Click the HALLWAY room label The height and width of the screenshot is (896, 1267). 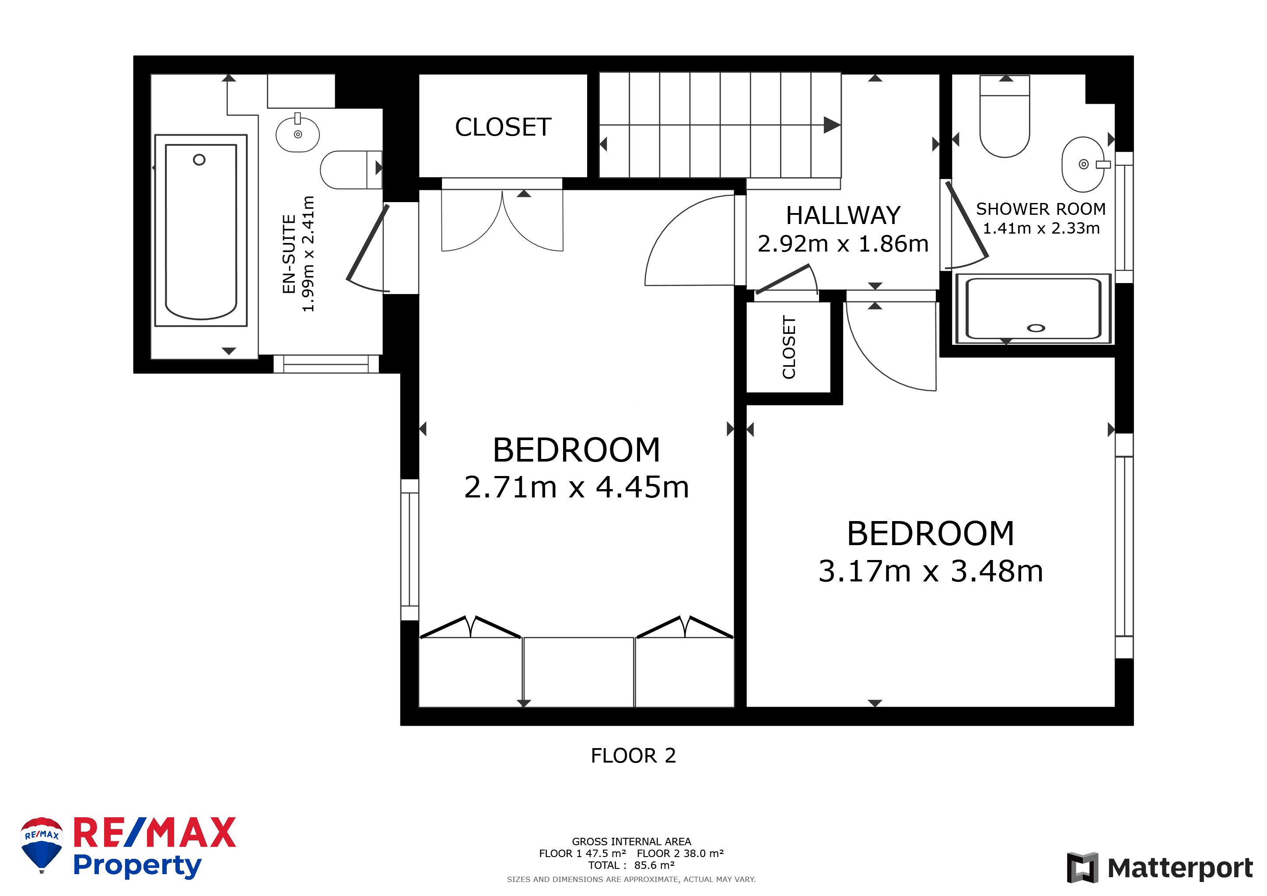tap(843, 215)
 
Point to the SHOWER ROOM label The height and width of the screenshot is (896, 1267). tap(1041, 209)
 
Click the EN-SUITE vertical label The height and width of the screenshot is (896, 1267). tap(289, 254)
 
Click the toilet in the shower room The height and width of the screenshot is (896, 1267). tap(1004, 116)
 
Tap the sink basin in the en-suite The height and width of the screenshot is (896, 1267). tap(297, 134)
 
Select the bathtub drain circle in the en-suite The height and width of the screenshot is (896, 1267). tap(199, 159)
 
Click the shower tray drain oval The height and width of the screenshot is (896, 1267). tap(1036, 328)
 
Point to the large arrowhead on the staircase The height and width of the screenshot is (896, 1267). tap(832, 125)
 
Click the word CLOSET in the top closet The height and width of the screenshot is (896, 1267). tap(503, 127)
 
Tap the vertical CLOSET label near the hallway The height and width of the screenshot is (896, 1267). tap(789, 347)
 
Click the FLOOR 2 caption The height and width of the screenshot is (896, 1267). tap(633, 755)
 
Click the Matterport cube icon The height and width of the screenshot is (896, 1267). tap(1082, 867)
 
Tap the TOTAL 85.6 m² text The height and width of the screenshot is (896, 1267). tap(631, 865)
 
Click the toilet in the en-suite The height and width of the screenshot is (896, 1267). tap(351, 170)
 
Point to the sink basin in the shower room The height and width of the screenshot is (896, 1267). tap(1084, 164)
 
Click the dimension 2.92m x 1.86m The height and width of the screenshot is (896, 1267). tap(843, 243)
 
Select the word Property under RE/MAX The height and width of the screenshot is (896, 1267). tap(137, 866)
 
